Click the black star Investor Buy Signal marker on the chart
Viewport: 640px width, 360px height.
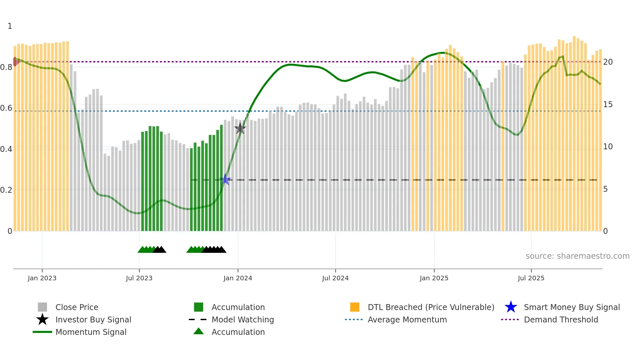pyautogui.click(x=240, y=128)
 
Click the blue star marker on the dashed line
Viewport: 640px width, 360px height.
pyautogui.click(x=225, y=179)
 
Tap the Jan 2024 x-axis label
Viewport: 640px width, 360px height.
pyautogui.click(x=238, y=278)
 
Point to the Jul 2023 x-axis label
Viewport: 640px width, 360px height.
pyautogui.click(x=139, y=278)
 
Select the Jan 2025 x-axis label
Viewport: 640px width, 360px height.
pyautogui.click(x=434, y=278)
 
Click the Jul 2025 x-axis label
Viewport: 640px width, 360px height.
pyautogui.click(x=531, y=278)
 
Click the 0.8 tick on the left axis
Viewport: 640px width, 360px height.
pyautogui.click(x=7, y=67)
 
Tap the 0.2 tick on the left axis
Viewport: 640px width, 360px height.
pyautogui.click(x=7, y=190)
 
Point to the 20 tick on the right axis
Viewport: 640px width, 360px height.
pyautogui.click(x=608, y=62)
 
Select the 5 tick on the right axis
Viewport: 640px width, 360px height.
pyautogui.click(x=605, y=189)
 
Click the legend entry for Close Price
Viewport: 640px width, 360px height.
pyautogui.click(x=77, y=307)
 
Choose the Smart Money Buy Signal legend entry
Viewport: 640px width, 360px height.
pyautogui.click(x=572, y=307)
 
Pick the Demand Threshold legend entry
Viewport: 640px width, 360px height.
pyautogui.click(x=561, y=319)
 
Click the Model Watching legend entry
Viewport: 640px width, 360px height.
pyautogui.click(x=243, y=319)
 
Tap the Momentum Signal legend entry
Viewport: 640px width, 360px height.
pyautogui.click(x=91, y=332)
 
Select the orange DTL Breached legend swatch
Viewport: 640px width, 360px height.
pyautogui.click(x=355, y=307)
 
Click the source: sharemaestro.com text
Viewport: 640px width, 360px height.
pyautogui.click(x=577, y=256)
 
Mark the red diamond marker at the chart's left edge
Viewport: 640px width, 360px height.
pyautogui.click(x=15, y=61)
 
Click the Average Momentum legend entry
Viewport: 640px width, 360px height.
pyautogui.click(x=407, y=319)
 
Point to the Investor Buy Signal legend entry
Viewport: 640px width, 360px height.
pyautogui.click(x=93, y=319)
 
